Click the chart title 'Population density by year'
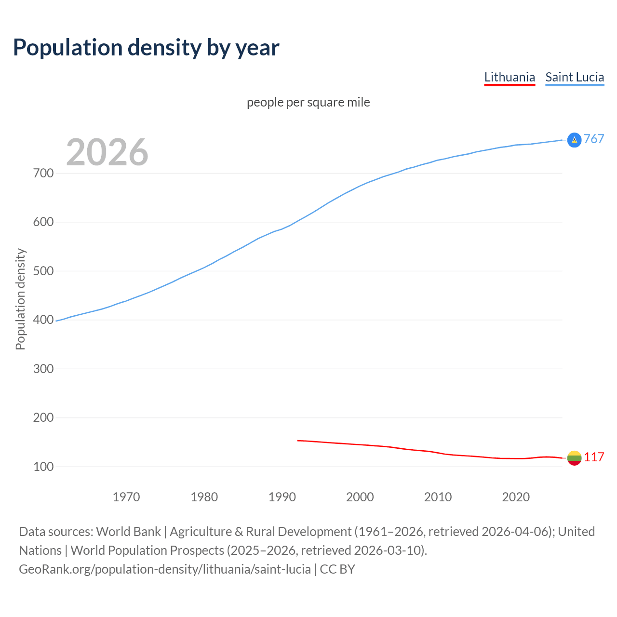146,48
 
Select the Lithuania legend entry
510,78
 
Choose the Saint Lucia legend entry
575,78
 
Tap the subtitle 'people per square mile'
308,103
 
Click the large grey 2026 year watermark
107,152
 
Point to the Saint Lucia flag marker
574,140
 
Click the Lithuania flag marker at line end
574,458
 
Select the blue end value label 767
594,139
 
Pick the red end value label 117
594,457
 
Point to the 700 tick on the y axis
43,173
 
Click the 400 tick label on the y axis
43,320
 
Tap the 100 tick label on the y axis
43,467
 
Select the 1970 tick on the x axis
126,497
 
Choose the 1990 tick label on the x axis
282,497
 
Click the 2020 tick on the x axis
516,497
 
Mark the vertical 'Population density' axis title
20,299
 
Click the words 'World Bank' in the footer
128,532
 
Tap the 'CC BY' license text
337,569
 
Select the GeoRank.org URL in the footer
165,569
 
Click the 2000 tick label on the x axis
360,497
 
